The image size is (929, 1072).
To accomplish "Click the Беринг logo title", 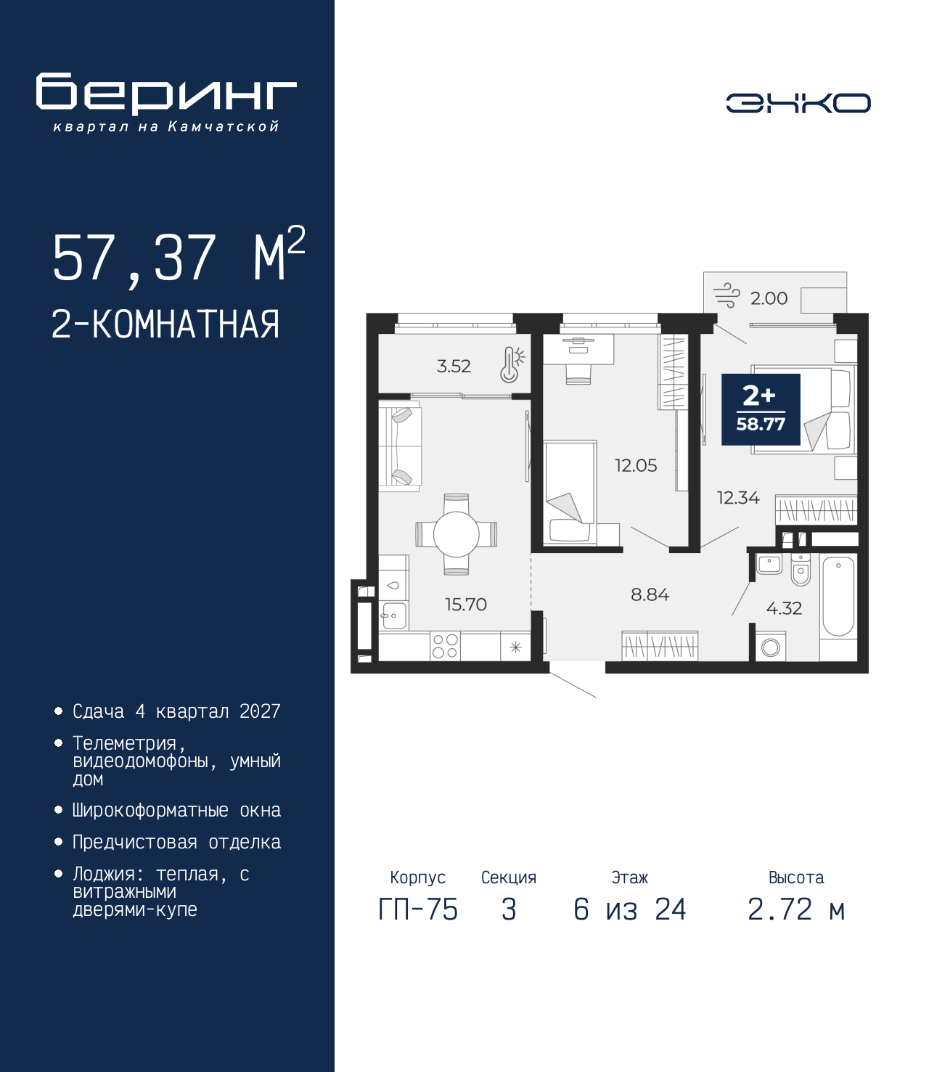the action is (x=166, y=94).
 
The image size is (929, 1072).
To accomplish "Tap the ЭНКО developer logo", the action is (x=798, y=102).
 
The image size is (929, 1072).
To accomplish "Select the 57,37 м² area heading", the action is (x=179, y=257).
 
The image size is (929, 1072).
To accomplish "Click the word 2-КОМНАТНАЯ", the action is (x=165, y=324).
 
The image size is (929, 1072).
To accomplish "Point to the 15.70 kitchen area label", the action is (x=466, y=604).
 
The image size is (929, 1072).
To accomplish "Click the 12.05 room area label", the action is (x=636, y=465).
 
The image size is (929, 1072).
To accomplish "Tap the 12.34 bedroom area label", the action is (x=738, y=498).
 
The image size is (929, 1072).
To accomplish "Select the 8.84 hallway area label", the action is (x=650, y=594).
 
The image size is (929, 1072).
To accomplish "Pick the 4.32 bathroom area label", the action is (x=784, y=607).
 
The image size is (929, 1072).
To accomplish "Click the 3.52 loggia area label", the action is (x=454, y=366).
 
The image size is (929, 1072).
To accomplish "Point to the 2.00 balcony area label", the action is (x=769, y=298).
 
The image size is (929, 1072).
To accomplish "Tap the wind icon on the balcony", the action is (x=727, y=295).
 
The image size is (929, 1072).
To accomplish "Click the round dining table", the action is (x=457, y=534).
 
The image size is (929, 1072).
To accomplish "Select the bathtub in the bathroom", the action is (x=838, y=597).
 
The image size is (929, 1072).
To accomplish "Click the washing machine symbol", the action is (x=770, y=647).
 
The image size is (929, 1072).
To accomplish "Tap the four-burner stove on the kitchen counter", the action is (x=445, y=646).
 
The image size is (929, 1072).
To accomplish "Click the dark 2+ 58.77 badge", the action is (x=761, y=410).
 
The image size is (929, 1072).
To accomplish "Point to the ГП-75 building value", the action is (x=418, y=909).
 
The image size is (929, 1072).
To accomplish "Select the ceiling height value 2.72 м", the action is (x=796, y=909).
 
